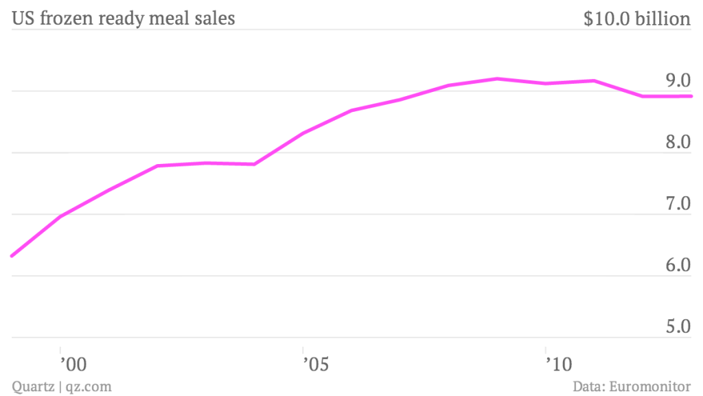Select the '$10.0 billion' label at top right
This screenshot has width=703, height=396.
click(x=636, y=19)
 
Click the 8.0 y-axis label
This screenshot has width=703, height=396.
click(x=677, y=143)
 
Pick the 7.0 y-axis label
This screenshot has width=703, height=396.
click(x=677, y=205)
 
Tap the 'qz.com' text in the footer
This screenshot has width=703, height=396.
click(x=89, y=387)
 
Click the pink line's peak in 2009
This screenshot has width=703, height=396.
click(x=497, y=79)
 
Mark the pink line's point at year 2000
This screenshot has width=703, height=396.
click(x=60, y=217)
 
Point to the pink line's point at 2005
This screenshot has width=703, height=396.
click(x=303, y=132)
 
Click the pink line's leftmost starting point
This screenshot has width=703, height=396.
click(x=12, y=256)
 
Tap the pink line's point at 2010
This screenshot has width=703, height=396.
click(x=545, y=84)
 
